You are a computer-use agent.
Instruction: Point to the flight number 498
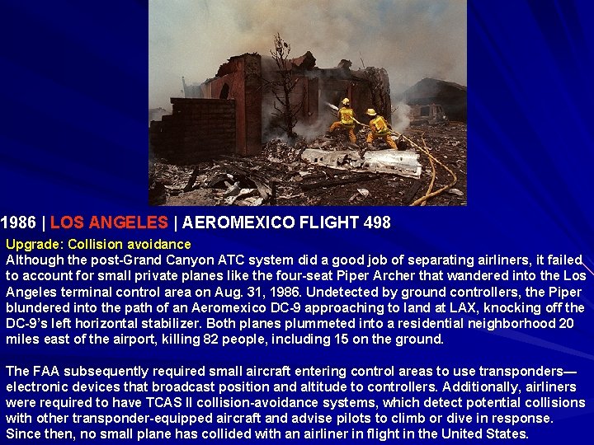coord(375,222)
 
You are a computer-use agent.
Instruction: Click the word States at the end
coord(507,433)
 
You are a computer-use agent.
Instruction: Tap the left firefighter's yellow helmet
coord(345,101)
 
